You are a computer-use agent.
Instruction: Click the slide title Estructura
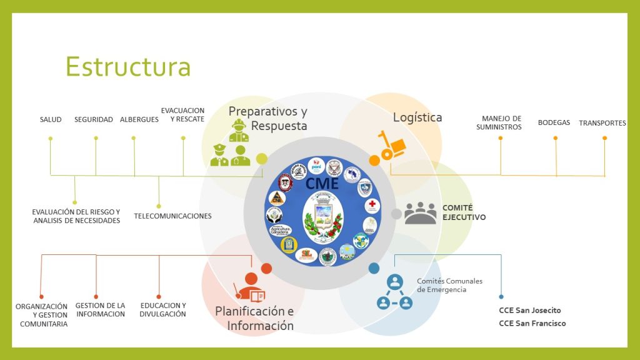pyautogui.click(x=127, y=67)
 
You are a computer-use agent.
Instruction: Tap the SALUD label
pyautogui.click(x=51, y=119)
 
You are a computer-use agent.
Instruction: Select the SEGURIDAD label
pyautogui.click(x=94, y=119)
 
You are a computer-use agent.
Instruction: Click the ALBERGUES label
pyautogui.click(x=139, y=119)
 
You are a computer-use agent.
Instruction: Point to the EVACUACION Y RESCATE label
pyautogui.click(x=182, y=115)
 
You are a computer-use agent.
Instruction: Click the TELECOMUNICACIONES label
pyautogui.click(x=172, y=216)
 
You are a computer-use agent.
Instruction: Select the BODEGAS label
pyautogui.click(x=554, y=122)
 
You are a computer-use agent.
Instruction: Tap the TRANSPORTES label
pyautogui.click(x=602, y=123)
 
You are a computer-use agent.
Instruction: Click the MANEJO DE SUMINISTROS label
pyautogui.click(x=501, y=122)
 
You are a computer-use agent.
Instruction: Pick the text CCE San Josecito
pyautogui.click(x=529, y=311)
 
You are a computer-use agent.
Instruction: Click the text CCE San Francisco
pyautogui.click(x=532, y=323)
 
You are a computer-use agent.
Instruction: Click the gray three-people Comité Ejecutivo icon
pyautogui.click(x=420, y=213)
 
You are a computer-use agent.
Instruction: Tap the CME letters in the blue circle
pyautogui.click(x=322, y=183)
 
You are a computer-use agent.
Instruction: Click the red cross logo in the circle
pyautogui.click(x=372, y=205)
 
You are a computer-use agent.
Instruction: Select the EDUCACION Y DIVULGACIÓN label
pyautogui.click(x=162, y=309)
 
